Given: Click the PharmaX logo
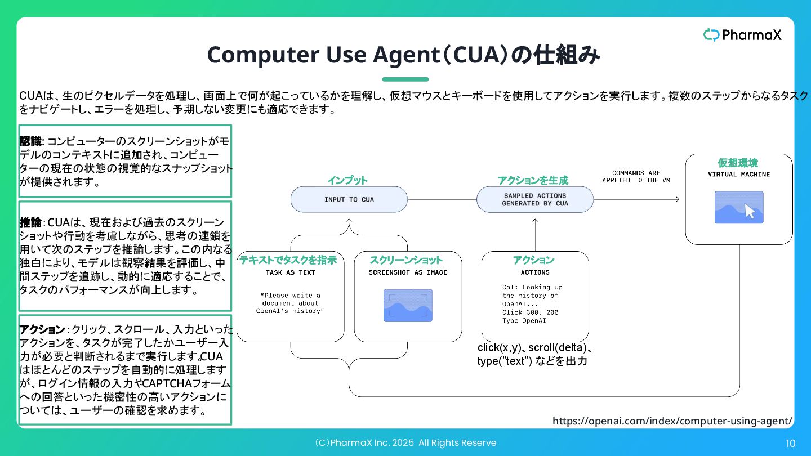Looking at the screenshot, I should click(x=742, y=35).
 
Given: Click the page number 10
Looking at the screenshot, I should click(x=790, y=444).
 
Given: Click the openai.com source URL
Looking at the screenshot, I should click(x=672, y=421).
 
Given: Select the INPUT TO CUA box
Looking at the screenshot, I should click(x=349, y=199).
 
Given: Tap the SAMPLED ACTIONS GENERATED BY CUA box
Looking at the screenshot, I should click(x=535, y=199).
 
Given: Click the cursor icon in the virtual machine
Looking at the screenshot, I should click(x=750, y=211).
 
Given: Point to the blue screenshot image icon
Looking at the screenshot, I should click(x=408, y=306).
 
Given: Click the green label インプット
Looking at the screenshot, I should click(x=347, y=180).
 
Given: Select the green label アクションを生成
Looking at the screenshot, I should click(x=533, y=180).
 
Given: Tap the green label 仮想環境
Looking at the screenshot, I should click(x=738, y=163).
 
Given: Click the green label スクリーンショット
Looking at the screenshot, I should click(x=406, y=260).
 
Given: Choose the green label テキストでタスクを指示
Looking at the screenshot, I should click(x=288, y=260).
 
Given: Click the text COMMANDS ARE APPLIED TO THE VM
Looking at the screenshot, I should click(x=636, y=176).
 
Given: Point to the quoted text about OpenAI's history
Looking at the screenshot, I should click(x=291, y=303).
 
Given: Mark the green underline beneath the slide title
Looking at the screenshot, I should click(x=405, y=79).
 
